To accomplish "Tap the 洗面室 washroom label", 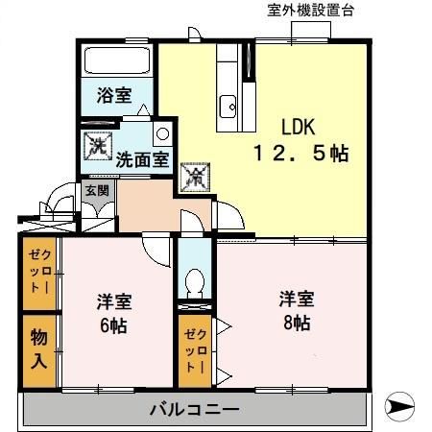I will pyautogui.click(x=142, y=160).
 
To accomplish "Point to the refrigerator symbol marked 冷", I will pyautogui.click(x=194, y=175).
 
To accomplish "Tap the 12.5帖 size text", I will pyautogui.click(x=300, y=153).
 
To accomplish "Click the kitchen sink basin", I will pyautogui.click(x=230, y=106).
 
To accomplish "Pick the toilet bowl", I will pyautogui.click(x=195, y=285).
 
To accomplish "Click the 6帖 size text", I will pyautogui.click(x=112, y=324).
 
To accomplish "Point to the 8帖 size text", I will pyautogui.click(x=295, y=323).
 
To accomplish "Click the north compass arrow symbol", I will pyautogui.click(x=402, y=407).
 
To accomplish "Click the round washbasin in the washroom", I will pyautogui.click(x=162, y=133).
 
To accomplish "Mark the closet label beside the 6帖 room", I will pyautogui.click(x=39, y=272).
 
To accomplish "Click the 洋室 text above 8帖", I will pyautogui.click(x=295, y=299).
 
